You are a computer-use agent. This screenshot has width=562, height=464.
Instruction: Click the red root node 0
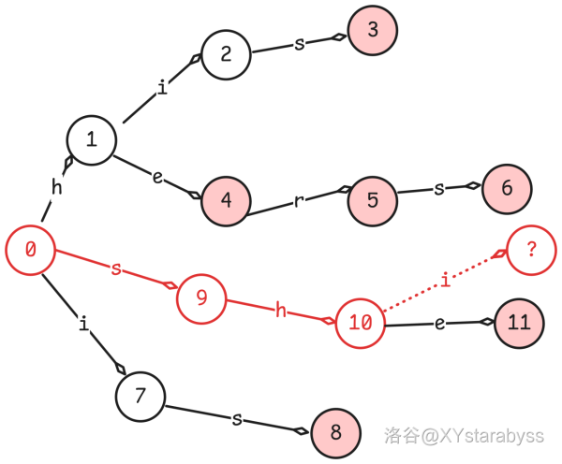(30, 250)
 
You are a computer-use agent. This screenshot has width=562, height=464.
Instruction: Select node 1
(91, 140)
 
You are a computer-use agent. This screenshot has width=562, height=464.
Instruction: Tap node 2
(226, 53)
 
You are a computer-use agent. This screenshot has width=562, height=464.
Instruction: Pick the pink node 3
(373, 29)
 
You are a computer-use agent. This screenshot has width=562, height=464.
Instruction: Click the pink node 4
(226, 199)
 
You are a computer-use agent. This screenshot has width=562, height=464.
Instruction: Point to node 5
(373, 199)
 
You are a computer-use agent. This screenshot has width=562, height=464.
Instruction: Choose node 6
(507, 187)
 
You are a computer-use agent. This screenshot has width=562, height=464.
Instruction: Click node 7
(140, 396)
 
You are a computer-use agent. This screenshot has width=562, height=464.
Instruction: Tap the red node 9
(200, 297)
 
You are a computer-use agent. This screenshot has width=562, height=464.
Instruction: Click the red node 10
(361, 323)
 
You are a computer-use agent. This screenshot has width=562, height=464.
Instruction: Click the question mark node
(531, 250)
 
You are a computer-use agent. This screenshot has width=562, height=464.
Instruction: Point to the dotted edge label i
(445, 280)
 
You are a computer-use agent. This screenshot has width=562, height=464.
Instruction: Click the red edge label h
(280, 311)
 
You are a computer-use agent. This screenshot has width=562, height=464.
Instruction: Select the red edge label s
(116, 269)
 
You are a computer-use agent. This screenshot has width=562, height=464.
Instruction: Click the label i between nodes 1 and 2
(162, 88)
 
